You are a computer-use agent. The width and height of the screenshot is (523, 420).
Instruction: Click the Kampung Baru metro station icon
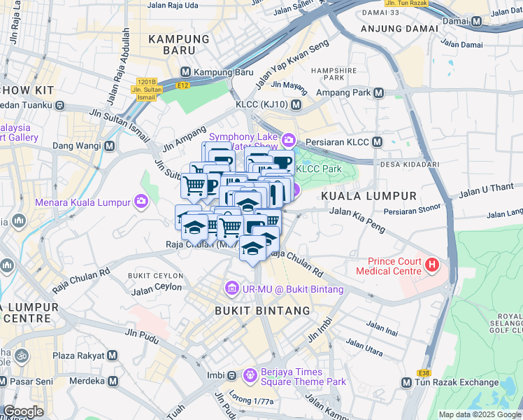[186, 72]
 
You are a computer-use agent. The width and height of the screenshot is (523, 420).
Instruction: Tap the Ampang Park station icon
[378, 92]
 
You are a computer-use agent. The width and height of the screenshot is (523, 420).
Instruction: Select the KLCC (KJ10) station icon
[296, 105]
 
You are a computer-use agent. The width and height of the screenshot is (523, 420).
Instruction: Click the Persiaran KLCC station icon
[377, 142]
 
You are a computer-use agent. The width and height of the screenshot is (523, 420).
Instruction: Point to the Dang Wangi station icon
[109, 146]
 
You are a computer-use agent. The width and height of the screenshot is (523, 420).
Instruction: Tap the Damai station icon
[476, 22]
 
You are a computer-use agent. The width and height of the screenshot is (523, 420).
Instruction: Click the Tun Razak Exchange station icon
[406, 383]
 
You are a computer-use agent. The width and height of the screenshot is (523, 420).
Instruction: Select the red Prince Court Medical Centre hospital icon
[432, 265]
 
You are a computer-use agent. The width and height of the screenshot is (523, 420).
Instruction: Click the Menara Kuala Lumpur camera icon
[142, 202]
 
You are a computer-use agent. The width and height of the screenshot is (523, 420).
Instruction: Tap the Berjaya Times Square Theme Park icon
[250, 377]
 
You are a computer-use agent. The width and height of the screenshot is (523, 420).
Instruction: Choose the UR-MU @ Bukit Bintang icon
[231, 288]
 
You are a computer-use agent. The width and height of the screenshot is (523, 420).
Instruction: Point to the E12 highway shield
[183, 85]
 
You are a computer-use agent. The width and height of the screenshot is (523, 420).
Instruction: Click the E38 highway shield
[424, 373]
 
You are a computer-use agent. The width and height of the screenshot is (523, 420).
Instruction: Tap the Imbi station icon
[231, 376]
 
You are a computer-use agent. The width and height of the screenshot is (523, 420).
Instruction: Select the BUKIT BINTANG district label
[262, 310]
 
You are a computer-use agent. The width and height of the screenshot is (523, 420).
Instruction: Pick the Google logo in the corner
[23, 412]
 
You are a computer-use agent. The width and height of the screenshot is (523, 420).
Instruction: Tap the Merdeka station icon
[112, 381]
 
